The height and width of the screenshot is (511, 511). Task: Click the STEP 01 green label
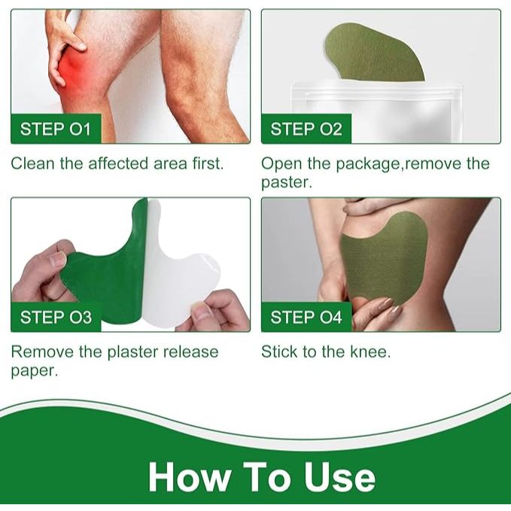(x=56, y=129)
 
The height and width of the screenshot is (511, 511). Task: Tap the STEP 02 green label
(x=306, y=129)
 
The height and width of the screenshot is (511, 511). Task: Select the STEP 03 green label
(x=56, y=317)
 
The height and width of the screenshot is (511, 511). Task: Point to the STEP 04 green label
(x=306, y=317)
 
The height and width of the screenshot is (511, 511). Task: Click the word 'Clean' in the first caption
(x=32, y=163)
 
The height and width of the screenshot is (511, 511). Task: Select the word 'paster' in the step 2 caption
(x=287, y=183)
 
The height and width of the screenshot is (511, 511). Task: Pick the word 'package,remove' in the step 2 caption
(x=398, y=164)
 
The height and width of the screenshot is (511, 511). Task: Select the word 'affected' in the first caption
(x=119, y=163)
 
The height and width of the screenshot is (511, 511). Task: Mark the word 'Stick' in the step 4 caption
(x=279, y=351)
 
